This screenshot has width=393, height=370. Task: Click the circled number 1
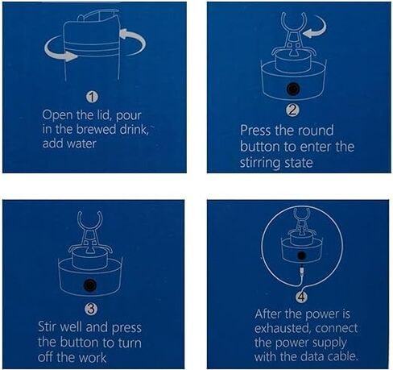[x=92, y=98]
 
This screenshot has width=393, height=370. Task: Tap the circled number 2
[x=292, y=110]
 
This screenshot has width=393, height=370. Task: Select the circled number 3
[x=91, y=310]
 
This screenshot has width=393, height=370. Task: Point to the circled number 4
[x=301, y=297]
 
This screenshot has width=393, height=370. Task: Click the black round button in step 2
[x=293, y=89]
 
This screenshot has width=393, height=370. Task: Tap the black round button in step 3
[x=90, y=285]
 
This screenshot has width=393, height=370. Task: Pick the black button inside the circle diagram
[x=301, y=256]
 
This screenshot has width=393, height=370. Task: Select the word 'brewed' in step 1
[x=96, y=129]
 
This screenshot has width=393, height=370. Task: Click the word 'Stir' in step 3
[x=48, y=326]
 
